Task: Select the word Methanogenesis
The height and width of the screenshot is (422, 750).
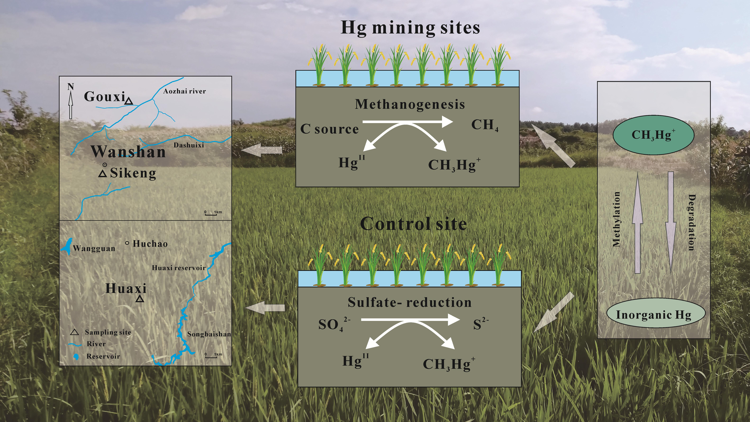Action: click(410, 104)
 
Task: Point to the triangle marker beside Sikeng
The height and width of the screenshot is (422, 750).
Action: click(102, 174)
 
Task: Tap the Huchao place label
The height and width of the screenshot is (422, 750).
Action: click(150, 244)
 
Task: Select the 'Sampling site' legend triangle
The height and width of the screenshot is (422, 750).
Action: click(74, 332)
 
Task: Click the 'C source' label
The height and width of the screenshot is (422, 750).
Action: click(329, 129)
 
